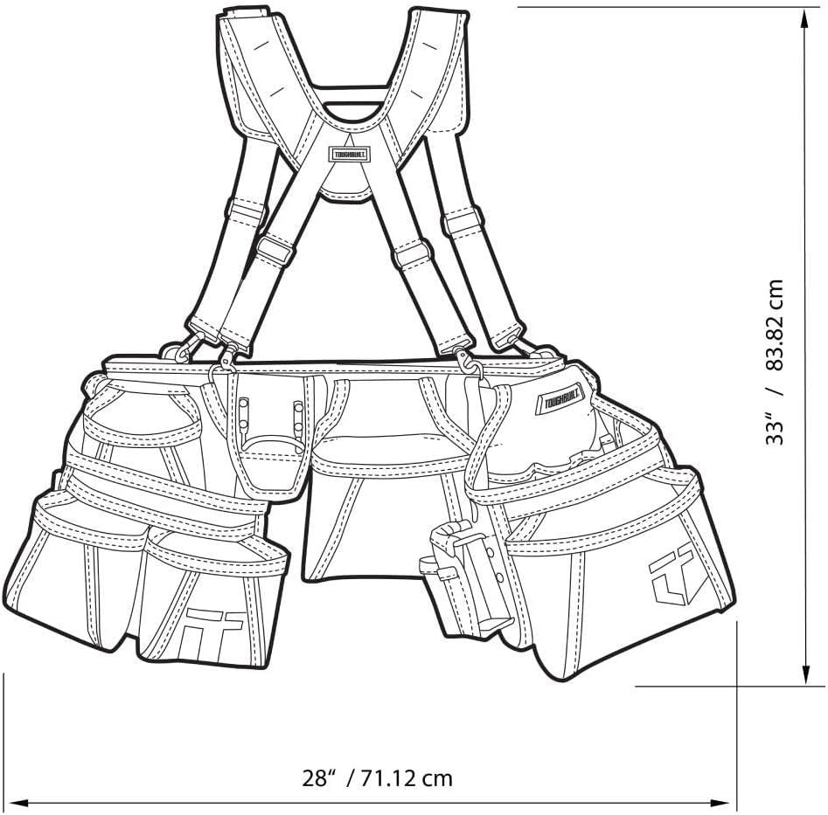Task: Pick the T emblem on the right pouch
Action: click(671, 572)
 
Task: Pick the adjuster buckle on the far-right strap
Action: click(463, 221)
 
